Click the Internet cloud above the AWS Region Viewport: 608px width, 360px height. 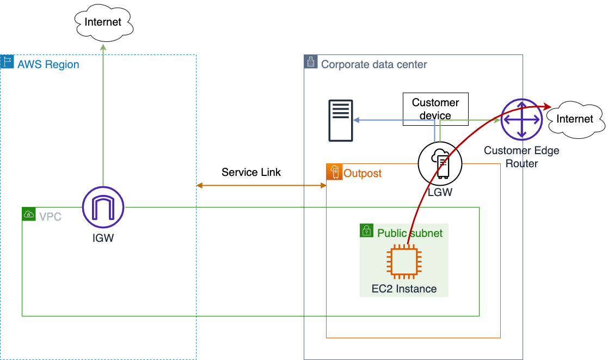[x=103, y=22]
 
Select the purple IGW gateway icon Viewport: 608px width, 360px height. [x=103, y=208]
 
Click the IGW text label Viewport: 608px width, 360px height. [x=103, y=238]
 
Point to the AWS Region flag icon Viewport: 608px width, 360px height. [x=7, y=62]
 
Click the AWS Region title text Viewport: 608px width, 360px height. [x=48, y=65]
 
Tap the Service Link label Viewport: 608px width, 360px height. [x=251, y=172]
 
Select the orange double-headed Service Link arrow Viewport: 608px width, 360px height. [x=261, y=186]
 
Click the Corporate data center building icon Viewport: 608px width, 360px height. [x=310, y=62]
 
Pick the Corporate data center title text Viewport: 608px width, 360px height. [x=374, y=65]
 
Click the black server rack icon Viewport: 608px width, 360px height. [x=341, y=120]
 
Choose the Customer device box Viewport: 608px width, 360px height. [x=435, y=109]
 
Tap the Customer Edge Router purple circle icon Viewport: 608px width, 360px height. [x=521, y=119]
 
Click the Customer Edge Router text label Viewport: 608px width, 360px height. [x=521, y=157]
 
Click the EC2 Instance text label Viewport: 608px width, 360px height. [x=404, y=289]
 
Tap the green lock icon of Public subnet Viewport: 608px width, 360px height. [x=367, y=230]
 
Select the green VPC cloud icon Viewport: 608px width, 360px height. [x=28, y=214]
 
